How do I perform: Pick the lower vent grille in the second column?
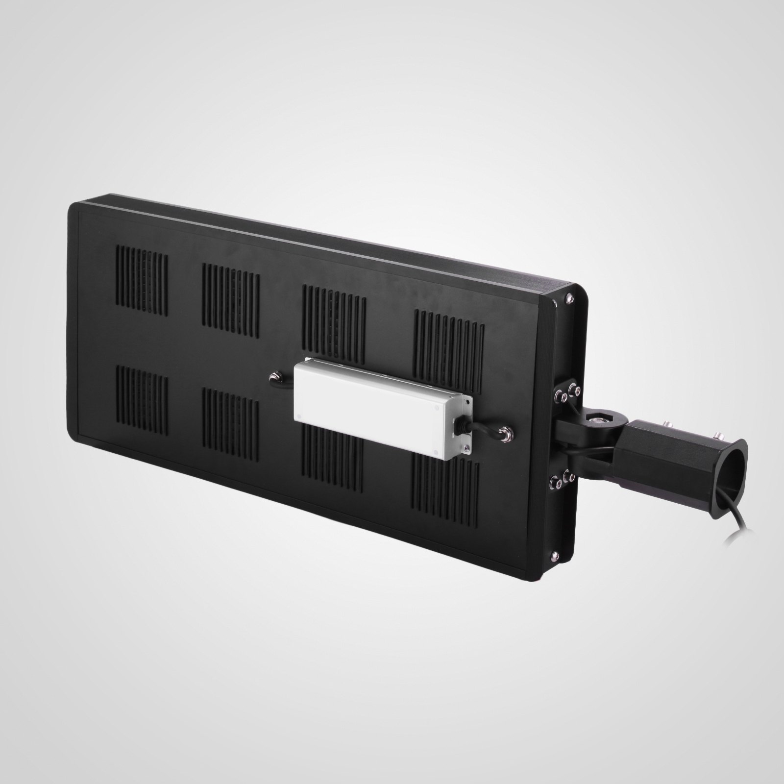click(x=230, y=421)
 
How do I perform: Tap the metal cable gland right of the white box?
click(x=503, y=432)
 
